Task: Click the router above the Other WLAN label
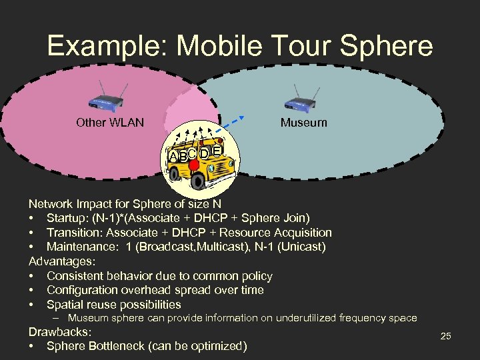tap(105, 100)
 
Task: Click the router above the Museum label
tap(301, 100)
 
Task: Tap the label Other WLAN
tap(110, 123)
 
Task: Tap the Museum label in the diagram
tap(303, 123)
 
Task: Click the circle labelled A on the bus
tap(173, 157)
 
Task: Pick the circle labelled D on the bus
tap(205, 153)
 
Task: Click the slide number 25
tap(446, 337)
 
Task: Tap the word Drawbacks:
tap(59, 332)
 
